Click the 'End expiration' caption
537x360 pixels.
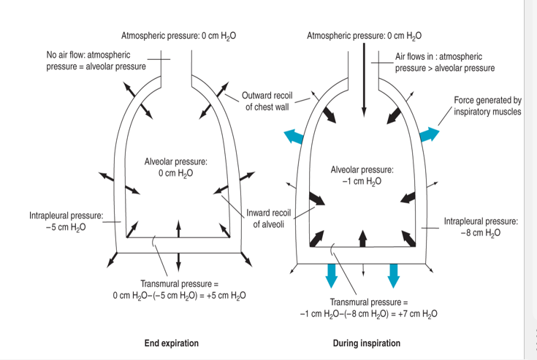(x=171, y=343)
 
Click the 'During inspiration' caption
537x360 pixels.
(x=366, y=343)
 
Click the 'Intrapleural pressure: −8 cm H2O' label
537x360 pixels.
(x=481, y=226)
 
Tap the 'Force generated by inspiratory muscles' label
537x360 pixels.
(x=487, y=106)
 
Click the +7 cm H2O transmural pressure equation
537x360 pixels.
(x=369, y=307)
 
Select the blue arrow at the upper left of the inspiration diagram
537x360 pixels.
(x=294, y=134)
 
